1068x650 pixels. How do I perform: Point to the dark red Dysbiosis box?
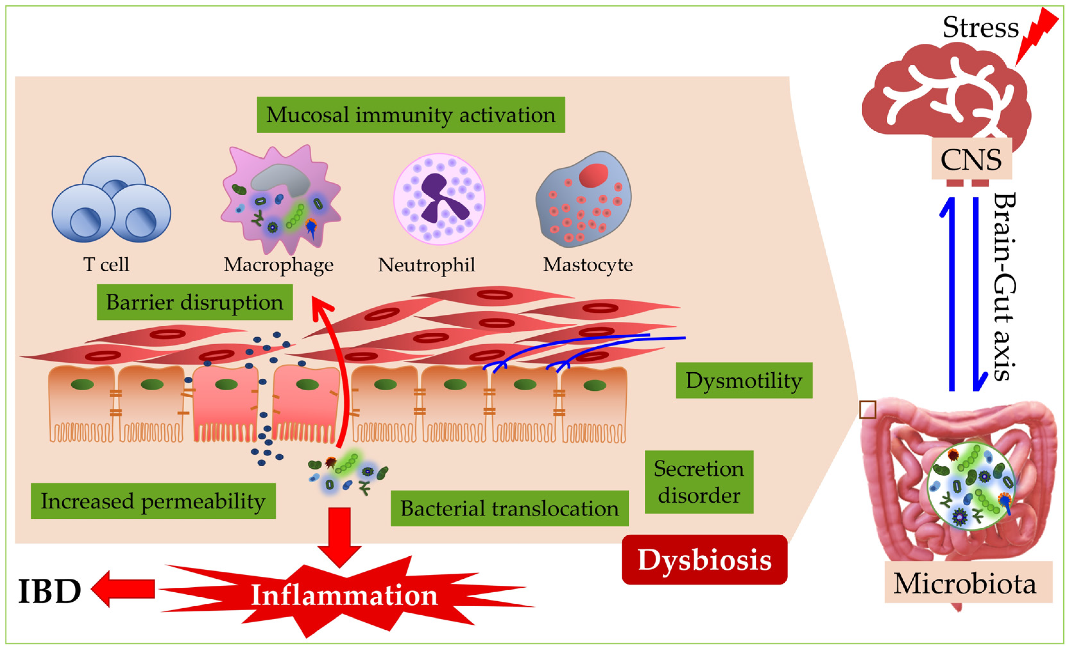704,560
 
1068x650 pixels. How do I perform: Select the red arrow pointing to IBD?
124,589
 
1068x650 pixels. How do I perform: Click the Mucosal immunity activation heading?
410,115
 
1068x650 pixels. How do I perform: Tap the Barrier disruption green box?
194,302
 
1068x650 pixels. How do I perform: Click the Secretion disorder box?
699,482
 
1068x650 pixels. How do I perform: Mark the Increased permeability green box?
153,501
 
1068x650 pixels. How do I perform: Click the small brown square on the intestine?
867,410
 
